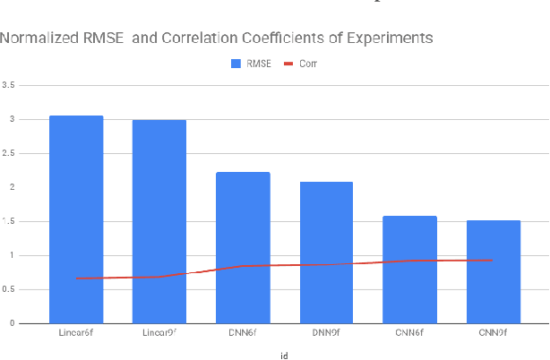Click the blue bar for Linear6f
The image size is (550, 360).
click(76, 219)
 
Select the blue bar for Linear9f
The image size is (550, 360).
click(159, 221)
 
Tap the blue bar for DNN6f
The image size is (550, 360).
click(243, 247)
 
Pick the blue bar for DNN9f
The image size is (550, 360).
click(326, 253)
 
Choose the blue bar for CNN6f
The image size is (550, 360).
click(409, 270)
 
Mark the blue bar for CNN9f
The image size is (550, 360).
click(493, 271)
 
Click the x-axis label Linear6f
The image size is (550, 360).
click(76, 333)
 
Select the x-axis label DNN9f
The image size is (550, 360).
click(326, 333)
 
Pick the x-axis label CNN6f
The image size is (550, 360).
click(409, 333)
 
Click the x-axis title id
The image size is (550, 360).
click(284, 355)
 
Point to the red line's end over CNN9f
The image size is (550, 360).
click(493, 260)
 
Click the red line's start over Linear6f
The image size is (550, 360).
click(76, 279)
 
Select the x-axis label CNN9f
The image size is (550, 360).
click(493, 333)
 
